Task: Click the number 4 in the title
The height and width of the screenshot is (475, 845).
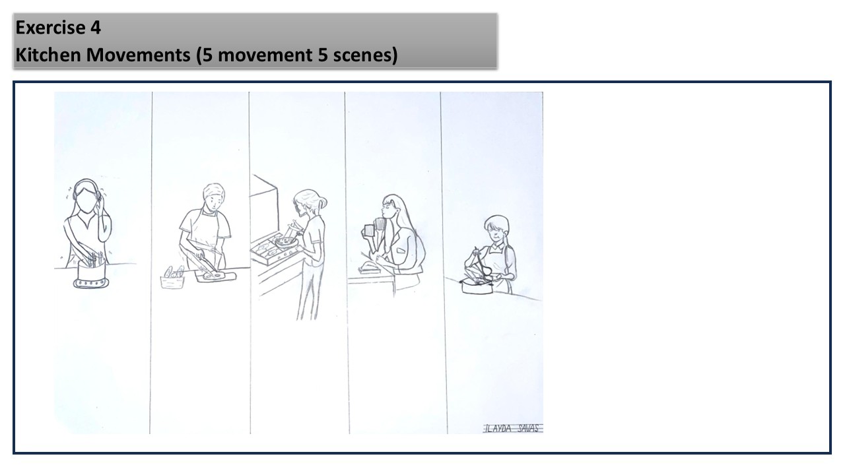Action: click(x=96, y=28)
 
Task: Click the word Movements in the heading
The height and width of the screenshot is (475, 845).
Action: click(x=138, y=55)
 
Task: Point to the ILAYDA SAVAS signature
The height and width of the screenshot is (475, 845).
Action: click(x=512, y=428)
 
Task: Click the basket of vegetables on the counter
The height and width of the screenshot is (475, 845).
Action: click(x=172, y=278)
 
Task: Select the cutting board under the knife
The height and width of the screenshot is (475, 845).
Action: click(x=215, y=276)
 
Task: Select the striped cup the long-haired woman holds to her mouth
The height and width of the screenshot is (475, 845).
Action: click(x=380, y=224)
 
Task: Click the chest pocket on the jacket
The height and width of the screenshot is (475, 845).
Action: click(x=400, y=250)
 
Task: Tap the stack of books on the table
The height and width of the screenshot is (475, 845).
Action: click(x=368, y=269)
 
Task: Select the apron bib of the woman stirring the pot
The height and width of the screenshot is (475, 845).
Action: click(x=498, y=257)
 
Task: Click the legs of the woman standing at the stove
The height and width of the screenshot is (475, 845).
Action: click(x=310, y=292)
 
